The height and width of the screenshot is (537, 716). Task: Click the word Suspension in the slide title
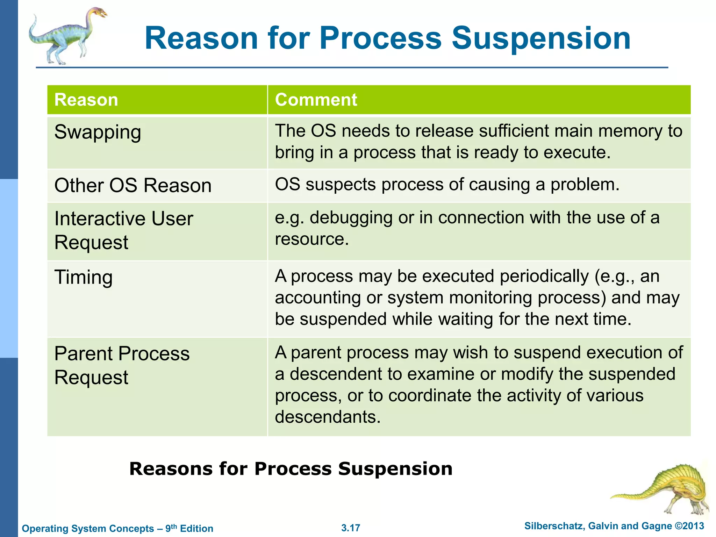coord(541,38)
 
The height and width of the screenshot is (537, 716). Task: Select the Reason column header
coord(86,100)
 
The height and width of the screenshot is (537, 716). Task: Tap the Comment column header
coord(316,100)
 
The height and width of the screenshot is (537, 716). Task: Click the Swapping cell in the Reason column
coord(98,133)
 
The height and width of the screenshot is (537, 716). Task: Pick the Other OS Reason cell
coord(133,185)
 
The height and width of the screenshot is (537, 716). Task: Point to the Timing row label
coord(84,278)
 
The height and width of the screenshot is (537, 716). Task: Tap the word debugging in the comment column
coord(351,218)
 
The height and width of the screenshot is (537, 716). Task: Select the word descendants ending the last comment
coord(327,417)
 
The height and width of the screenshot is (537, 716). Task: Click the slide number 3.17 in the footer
coord(351,528)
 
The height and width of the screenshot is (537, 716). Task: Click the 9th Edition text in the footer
coord(189,528)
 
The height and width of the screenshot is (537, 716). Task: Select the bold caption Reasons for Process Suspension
coord(291,469)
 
